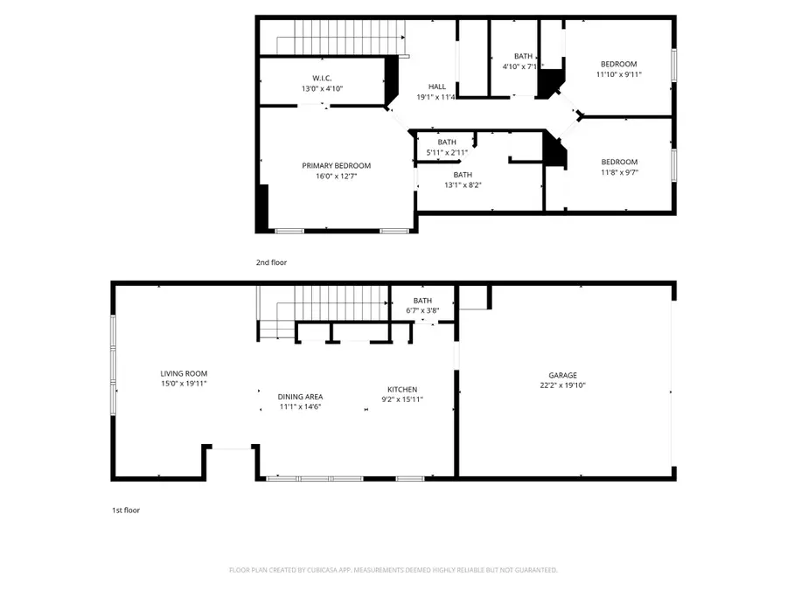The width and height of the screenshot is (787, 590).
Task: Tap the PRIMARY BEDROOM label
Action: click(336, 166)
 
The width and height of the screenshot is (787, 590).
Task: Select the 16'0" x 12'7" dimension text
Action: click(336, 177)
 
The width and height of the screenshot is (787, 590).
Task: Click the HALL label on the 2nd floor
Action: click(437, 87)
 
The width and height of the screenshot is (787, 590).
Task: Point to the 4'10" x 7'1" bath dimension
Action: click(523, 66)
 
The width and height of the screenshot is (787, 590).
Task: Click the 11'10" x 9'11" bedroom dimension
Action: click(618, 74)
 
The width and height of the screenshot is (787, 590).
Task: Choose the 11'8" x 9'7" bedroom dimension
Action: click(618, 172)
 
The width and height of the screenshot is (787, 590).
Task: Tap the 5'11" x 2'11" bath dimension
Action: click(447, 153)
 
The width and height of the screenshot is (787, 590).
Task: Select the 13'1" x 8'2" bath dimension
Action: click(462, 184)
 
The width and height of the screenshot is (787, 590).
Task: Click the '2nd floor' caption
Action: click(271, 262)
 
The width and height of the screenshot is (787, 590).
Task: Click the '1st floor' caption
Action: click(125, 510)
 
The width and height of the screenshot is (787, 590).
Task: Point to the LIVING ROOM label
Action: click(183, 372)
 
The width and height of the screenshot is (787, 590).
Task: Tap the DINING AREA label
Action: click(301, 396)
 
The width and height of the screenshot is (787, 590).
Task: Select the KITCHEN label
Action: click(402, 389)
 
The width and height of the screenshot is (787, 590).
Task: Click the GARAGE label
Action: click(563, 375)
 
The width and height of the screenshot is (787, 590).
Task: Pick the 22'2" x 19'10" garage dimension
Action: click(563, 385)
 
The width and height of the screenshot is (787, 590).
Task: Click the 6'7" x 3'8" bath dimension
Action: click(423, 310)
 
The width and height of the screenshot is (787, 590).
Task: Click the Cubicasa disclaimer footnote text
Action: click(393, 570)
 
